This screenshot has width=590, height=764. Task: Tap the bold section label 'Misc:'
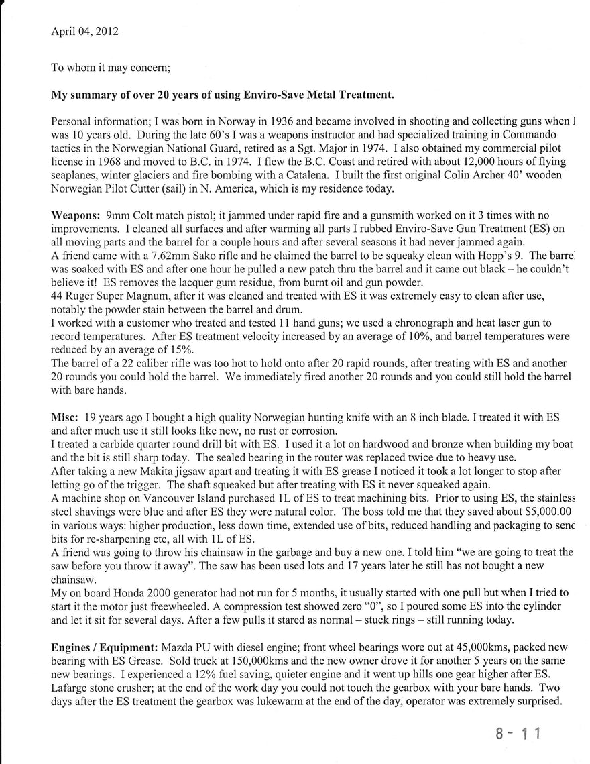coord(65,416)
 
